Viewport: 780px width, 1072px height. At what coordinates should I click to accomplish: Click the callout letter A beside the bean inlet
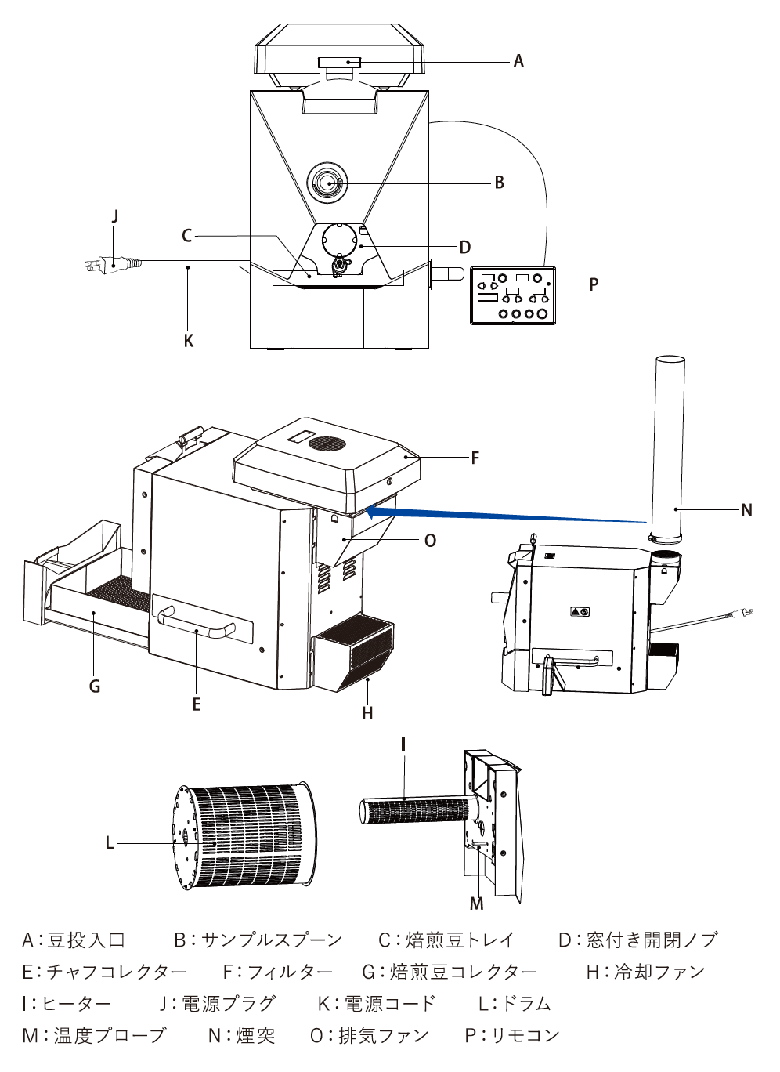click(x=518, y=61)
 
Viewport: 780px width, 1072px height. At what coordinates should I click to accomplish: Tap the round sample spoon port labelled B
click(x=329, y=183)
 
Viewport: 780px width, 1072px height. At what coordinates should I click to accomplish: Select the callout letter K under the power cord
click(x=188, y=341)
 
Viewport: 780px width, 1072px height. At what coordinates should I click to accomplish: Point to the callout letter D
click(x=465, y=248)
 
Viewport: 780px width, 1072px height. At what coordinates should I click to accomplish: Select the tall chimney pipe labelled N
click(x=669, y=447)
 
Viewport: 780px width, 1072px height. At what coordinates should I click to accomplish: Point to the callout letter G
click(x=95, y=686)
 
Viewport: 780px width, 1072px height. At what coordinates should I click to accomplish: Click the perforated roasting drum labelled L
click(x=243, y=835)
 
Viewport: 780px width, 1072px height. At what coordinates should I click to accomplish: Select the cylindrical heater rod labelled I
click(x=415, y=809)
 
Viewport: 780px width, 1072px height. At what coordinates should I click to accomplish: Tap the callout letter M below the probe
click(x=477, y=904)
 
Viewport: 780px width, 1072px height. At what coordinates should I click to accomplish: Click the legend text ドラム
click(x=526, y=1004)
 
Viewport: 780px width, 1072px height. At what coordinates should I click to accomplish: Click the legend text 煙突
click(x=255, y=1036)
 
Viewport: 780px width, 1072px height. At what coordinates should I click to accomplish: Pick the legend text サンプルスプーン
click(x=272, y=940)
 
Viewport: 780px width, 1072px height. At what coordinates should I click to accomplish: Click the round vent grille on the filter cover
click(x=327, y=444)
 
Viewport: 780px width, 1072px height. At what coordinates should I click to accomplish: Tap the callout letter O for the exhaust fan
click(x=430, y=541)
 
